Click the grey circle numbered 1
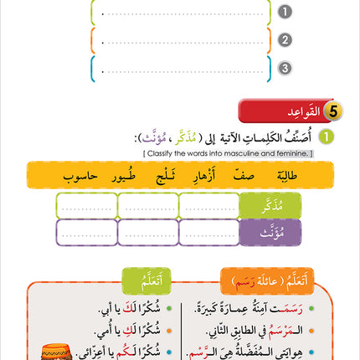coord(285,12)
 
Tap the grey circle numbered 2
coord(285,39)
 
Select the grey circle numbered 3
coord(285,68)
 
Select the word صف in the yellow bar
coord(244,175)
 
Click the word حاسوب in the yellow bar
coord(80,175)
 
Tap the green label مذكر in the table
coord(270,205)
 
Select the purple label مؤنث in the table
coord(270,232)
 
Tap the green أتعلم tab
coord(147,280)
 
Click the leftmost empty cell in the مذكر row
coord(86,205)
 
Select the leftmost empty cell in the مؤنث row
coord(86,232)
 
